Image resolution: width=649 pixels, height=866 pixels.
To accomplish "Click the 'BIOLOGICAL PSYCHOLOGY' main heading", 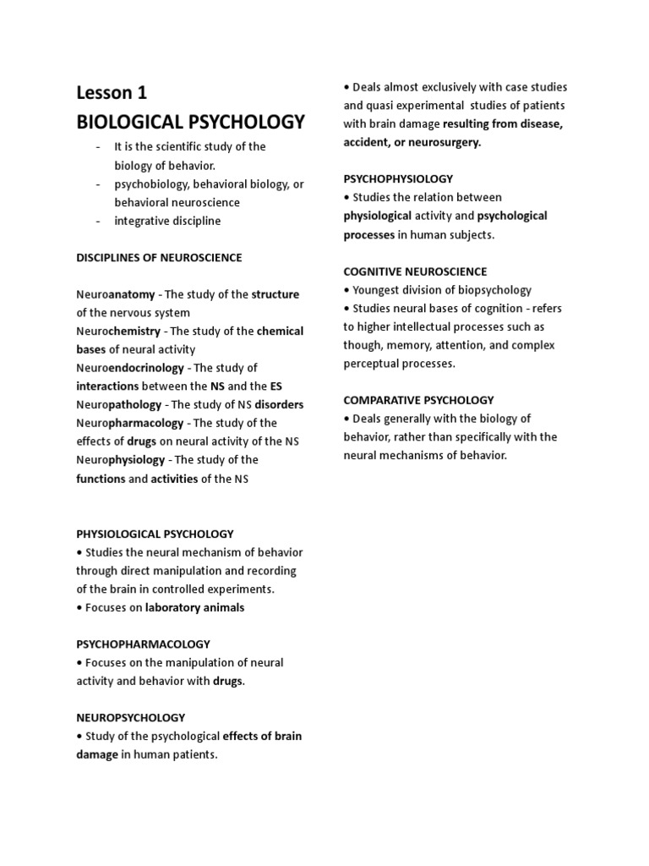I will click(x=190, y=121).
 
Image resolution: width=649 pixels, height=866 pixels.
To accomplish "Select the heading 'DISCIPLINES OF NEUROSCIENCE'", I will click(x=159, y=257).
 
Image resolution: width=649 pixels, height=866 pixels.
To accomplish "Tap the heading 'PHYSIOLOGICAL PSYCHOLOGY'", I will click(x=155, y=534).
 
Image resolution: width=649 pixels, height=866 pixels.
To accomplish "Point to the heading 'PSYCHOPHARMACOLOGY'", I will click(x=143, y=644).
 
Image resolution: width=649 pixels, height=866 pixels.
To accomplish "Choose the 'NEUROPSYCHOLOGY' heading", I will click(x=130, y=717).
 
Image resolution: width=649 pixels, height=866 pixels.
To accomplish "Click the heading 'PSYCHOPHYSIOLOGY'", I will click(x=398, y=178).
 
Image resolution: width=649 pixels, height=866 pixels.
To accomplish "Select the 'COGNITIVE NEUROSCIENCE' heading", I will click(x=415, y=271).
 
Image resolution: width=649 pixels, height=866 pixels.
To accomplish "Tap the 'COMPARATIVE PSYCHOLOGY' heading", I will click(x=418, y=400).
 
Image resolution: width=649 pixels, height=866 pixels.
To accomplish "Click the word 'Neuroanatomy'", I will click(x=116, y=294).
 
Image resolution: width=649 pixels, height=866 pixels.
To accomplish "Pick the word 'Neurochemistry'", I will click(x=118, y=331).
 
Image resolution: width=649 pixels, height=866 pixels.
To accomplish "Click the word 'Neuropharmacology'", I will click(x=129, y=423).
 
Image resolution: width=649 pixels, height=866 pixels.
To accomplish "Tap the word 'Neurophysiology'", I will click(x=120, y=460).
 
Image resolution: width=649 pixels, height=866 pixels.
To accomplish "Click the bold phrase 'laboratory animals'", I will click(x=195, y=607).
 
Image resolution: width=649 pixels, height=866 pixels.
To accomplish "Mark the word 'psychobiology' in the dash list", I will click(x=151, y=184).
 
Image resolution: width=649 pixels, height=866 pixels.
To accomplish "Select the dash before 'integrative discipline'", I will click(x=98, y=221).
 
